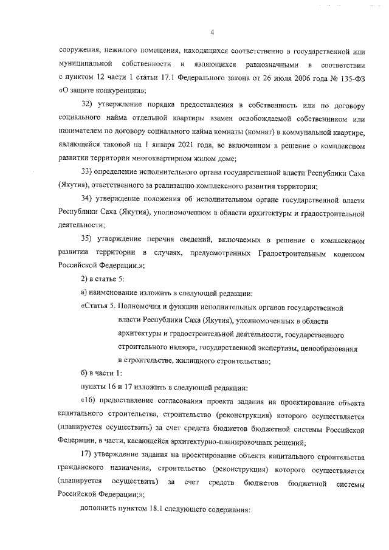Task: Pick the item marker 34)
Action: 88,200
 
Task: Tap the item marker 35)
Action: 88,241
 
